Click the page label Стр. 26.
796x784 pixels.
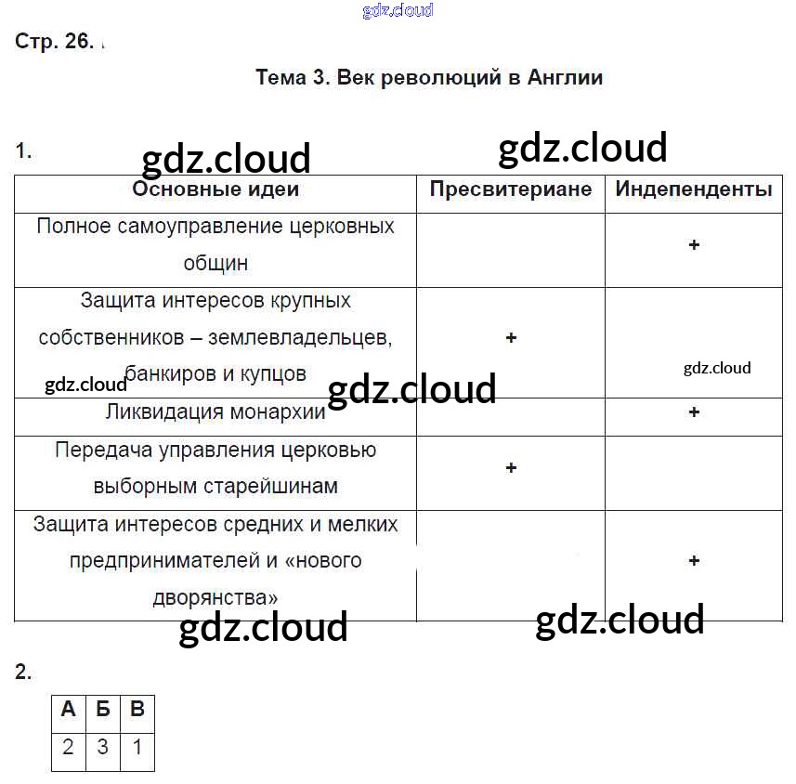coord(54,42)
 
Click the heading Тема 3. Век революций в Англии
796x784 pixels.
coord(429,78)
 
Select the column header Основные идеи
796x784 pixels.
coord(215,190)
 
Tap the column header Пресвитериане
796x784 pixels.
coord(510,189)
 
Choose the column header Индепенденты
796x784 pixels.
coord(694,189)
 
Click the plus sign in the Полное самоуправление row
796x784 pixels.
coord(694,245)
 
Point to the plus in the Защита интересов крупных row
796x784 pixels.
coord(511,338)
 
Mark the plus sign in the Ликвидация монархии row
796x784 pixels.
coord(694,412)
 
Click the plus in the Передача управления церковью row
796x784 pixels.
coord(511,468)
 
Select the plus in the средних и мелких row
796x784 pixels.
coord(694,561)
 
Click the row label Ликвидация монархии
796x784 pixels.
coord(215,412)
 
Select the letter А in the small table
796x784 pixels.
coord(68,711)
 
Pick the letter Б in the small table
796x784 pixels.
coord(103,711)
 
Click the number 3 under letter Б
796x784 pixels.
coord(103,748)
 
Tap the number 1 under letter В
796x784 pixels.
coord(137,748)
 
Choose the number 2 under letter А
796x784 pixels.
coord(68,748)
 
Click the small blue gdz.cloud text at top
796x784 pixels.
coord(397,11)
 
